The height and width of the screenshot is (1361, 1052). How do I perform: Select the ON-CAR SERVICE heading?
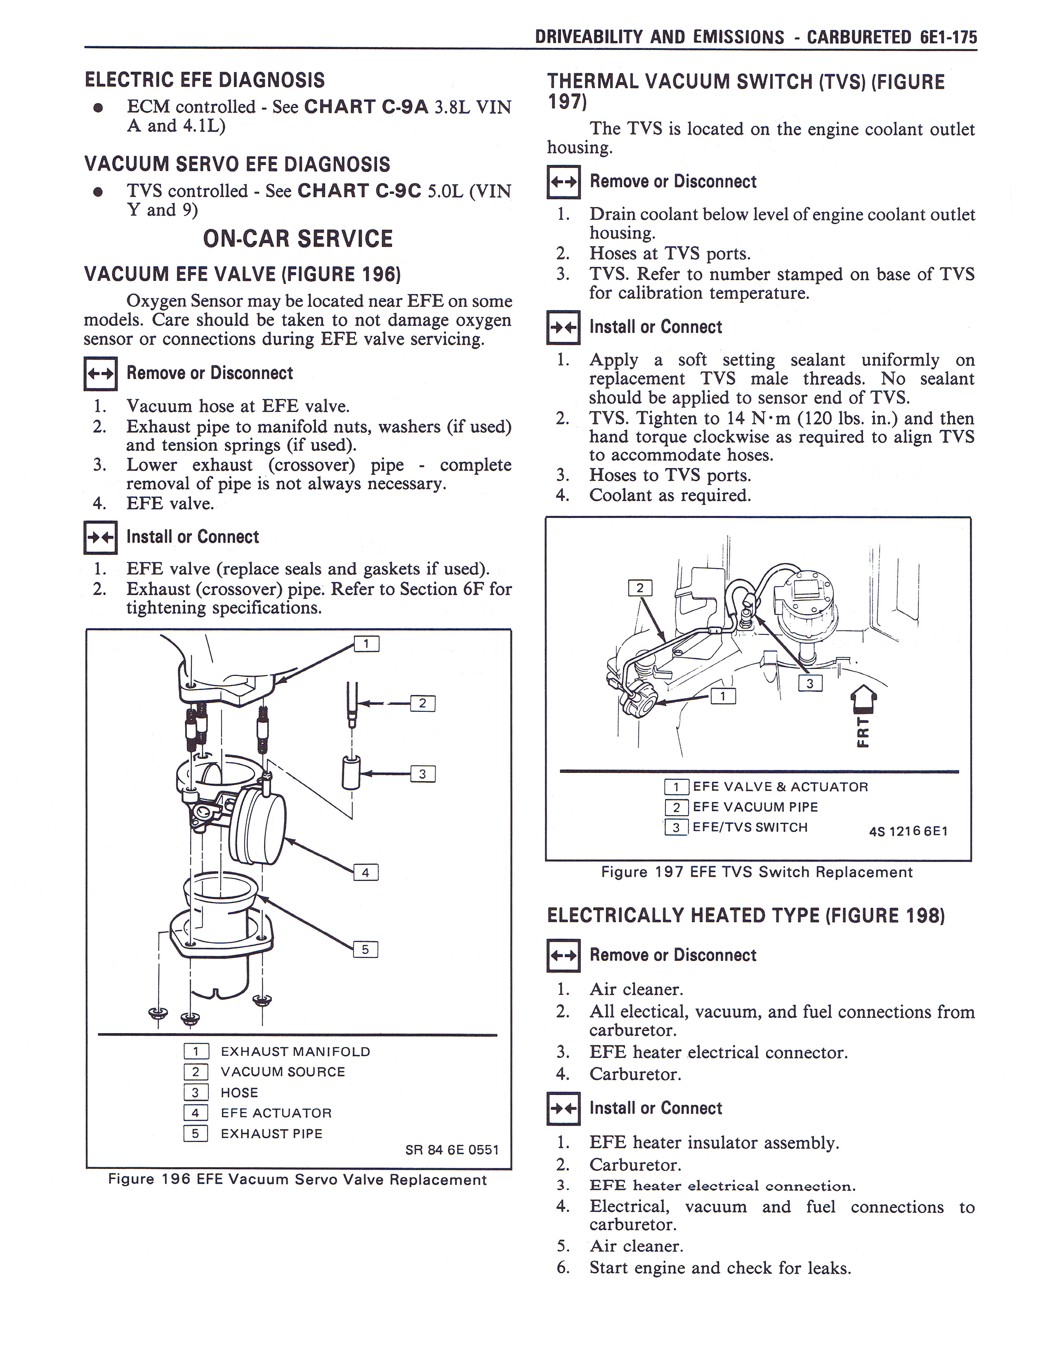click(x=298, y=239)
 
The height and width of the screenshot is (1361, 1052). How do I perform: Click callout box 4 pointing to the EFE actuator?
click(x=366, y=872)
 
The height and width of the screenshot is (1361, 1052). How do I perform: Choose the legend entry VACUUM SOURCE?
click(x=283, y=1072)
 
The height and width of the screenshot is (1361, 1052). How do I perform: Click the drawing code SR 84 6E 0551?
click(x=452, y=1150)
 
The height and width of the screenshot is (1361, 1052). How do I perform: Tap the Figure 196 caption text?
click(x=297, y=1180)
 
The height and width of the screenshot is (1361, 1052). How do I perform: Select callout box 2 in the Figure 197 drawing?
click(x=639, y=588)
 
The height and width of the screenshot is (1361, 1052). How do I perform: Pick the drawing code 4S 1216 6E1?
click(x=908, y=831)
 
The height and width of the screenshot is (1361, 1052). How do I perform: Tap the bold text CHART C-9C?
click(x=360, y=191)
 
